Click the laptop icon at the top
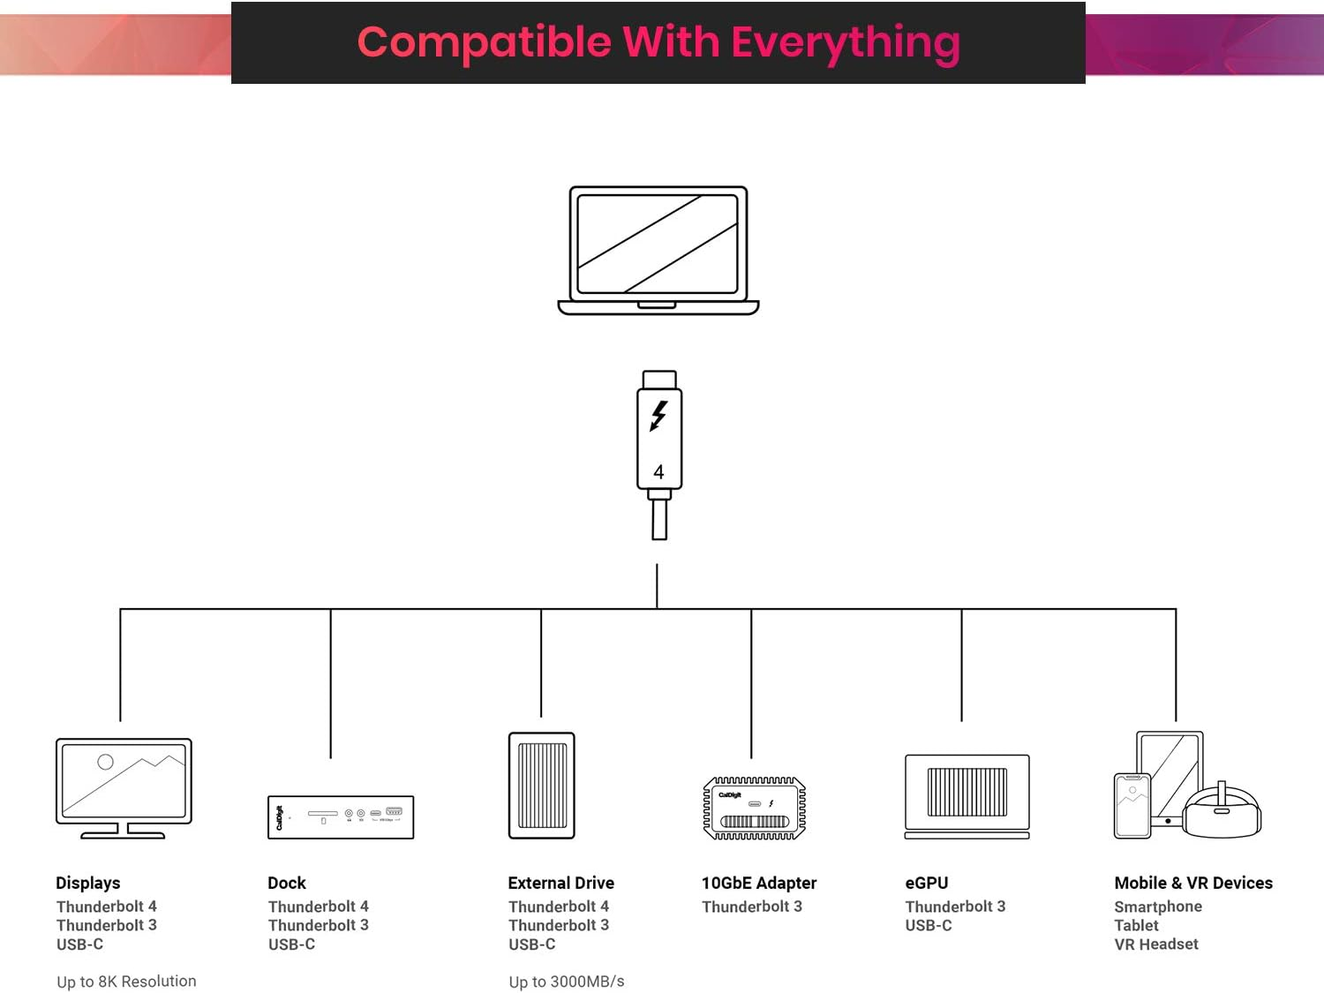[658, 250]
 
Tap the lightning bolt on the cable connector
[658, 416]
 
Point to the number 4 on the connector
[658, 472]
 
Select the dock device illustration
[341, 816]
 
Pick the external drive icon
[542, 785]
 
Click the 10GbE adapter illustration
[754, 808]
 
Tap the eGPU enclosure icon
[967, 795]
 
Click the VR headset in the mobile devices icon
[1222, 811]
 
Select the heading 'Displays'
[88, 883]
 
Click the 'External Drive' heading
[561, 883]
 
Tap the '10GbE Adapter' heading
[759, 883]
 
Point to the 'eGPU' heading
[927, 883]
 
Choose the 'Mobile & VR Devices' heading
[1193, 883]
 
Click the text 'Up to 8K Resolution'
[126, 982]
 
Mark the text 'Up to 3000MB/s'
[567, 982]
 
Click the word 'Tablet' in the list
[1137, 925]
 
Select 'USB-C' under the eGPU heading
[929, 925]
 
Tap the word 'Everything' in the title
[845, 42]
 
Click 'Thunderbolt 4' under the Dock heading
[319, 906]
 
